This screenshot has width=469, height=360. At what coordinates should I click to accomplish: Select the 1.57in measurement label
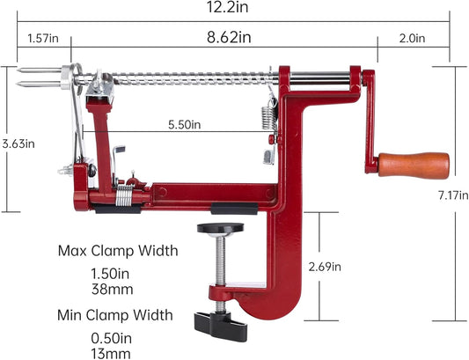tap(42, 38)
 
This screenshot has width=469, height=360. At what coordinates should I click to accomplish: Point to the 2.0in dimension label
tap(411, 38)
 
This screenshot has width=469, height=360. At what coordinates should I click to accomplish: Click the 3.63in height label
tap(17, 143)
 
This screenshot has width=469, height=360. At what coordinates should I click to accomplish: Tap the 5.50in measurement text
tap(185, 126)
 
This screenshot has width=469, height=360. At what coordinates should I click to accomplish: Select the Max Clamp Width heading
tap(118, 251)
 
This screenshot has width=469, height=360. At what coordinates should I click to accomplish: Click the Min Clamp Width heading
tap(116, 314)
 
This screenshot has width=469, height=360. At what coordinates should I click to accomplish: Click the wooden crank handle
tap(414, 165)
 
